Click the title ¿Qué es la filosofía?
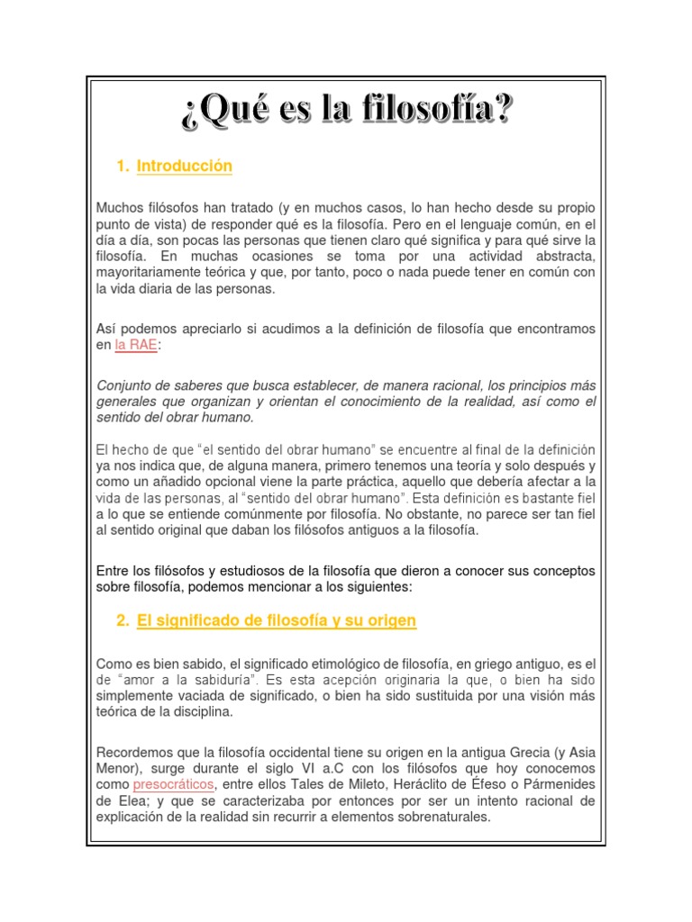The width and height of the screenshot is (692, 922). [346, 112]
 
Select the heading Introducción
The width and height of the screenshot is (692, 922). [184, 167]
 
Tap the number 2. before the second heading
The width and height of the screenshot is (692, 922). [123, 621]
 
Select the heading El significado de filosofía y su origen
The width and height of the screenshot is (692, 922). [277, 621]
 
